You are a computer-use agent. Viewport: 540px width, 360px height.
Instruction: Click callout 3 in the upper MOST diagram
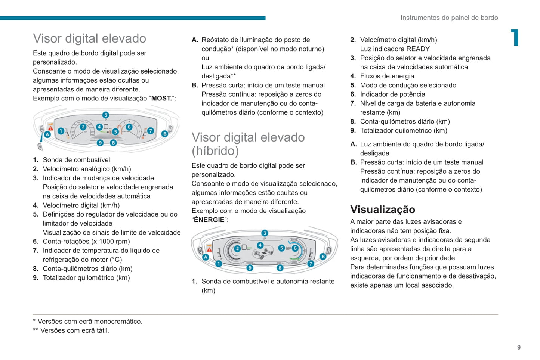click(106, 115)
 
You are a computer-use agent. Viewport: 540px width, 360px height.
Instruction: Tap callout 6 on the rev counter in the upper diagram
click(129, 127)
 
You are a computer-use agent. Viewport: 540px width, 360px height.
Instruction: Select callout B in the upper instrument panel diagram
click(164, 134)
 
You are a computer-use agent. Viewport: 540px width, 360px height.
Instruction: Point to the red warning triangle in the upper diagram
click(50, 128)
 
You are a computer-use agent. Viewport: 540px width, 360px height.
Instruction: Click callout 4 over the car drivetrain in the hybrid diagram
click(260, 245)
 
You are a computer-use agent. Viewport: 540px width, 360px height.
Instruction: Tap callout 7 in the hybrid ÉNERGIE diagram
click(311, 264)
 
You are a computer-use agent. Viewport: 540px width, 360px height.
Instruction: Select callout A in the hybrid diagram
click(206, 257)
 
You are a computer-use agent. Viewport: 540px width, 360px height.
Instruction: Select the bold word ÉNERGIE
click(209, 220)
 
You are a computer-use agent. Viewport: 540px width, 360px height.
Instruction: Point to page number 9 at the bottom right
click(519, 347)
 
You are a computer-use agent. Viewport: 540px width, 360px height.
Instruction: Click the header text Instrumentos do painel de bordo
click(449, 18)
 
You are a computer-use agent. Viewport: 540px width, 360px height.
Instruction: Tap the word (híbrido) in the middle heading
click(215, 151)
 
